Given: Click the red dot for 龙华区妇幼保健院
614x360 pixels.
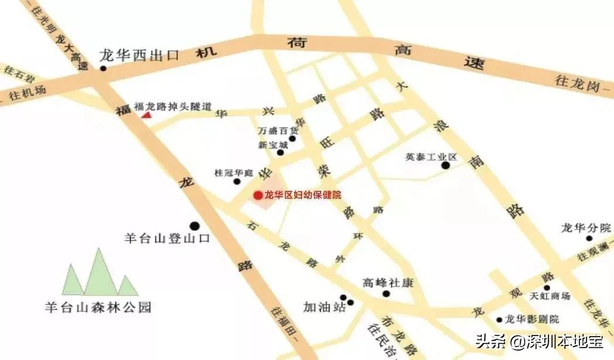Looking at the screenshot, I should click(258, 195).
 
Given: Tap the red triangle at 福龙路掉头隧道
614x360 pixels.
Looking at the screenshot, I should click(146, 115).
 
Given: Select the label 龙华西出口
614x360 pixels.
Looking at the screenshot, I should click(139, 56).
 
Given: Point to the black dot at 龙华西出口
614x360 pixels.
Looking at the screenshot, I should click(103, 68).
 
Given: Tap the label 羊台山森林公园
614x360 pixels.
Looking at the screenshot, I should click(98, 306).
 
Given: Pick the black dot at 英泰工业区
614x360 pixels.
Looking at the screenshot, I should click(445, 166).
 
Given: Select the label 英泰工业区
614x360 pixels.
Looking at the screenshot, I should click(431, 157).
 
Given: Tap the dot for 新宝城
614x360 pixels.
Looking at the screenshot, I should click(280, 153).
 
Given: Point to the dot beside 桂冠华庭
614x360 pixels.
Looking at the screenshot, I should click(237, 181).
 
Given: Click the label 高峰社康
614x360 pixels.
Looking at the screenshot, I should click(388, 283).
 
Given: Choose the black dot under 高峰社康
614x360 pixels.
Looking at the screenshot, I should click(386, 293).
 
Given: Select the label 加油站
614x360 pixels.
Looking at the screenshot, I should click(324, 307).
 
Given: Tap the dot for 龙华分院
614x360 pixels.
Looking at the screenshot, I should click(589, 238).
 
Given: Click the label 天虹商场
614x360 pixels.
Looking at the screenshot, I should click(550, 296).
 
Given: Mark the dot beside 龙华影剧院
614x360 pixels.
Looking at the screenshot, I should click(499, 320).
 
